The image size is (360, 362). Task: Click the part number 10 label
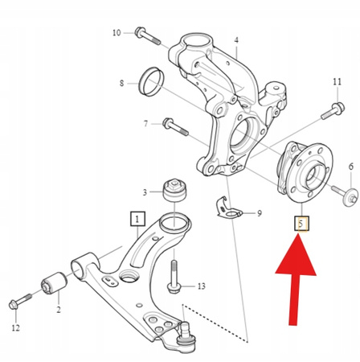[x=117, y=32]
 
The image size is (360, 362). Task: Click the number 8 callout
[x=121, y=83]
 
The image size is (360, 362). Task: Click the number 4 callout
[x=236, y=41]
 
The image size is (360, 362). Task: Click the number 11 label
[x=337, y=82]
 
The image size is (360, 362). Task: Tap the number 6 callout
[x=350, y=167]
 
